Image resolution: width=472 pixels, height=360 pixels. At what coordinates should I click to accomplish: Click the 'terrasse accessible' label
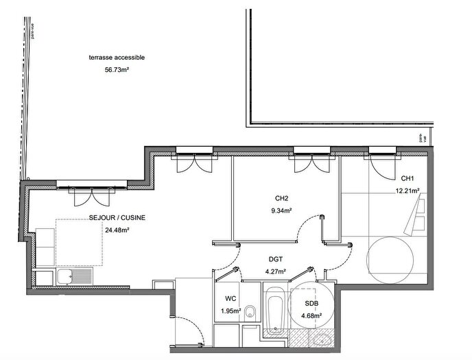[117, 58]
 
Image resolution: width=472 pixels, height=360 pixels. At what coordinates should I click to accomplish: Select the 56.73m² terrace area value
[117, 69]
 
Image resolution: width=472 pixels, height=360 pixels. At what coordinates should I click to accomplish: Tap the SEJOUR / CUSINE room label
[117, 219]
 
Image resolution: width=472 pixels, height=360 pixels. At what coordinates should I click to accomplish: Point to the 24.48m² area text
[117, 230]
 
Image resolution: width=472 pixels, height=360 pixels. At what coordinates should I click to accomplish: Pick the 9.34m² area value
[282, 211]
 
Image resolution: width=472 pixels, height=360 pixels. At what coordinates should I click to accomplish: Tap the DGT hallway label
[276, 260]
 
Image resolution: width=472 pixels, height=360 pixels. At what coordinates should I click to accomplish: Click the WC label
[231, 299]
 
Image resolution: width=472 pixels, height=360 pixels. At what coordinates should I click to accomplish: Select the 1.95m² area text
[231, 311]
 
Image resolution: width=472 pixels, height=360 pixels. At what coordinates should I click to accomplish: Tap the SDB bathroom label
[311, 304]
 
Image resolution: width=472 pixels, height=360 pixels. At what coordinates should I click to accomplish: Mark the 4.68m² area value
[311, 315]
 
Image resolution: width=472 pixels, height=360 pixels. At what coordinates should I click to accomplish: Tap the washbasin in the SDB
[320, 339]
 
